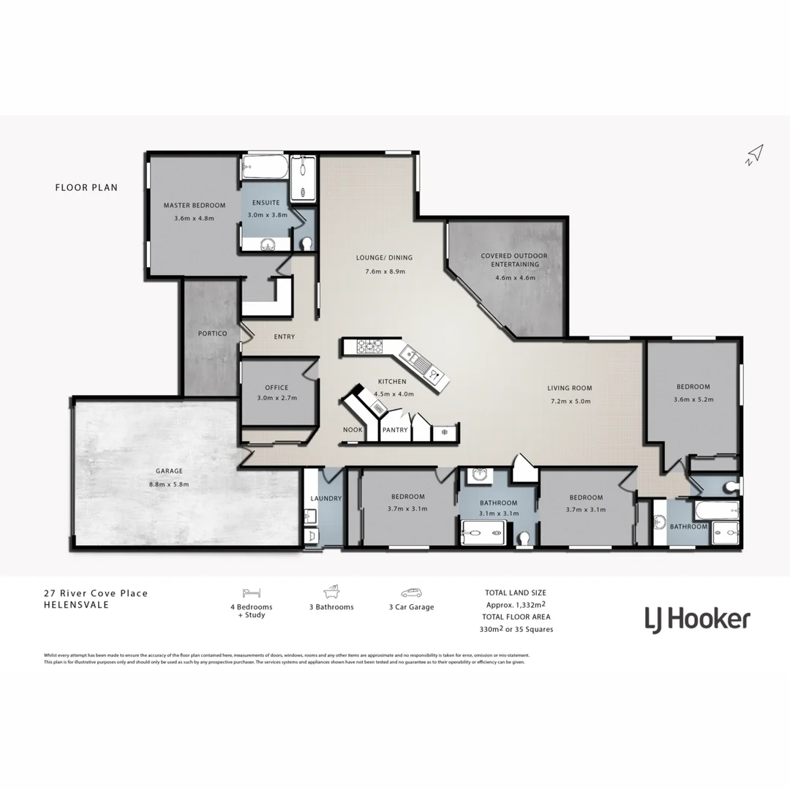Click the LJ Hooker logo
(697, 620)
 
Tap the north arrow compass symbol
(755, 154)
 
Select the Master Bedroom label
(194, 206)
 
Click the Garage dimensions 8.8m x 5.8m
(169, 484)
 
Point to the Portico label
(212, 334)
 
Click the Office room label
(277, 388)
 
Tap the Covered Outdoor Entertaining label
(514, 260)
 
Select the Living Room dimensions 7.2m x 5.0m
(570, 401)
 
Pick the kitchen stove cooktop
(370, 346)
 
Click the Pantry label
(394, 430)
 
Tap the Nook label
(353, 430)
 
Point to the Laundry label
(326, 499)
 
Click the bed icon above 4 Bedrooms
(252, 592)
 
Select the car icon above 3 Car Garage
(410, 592)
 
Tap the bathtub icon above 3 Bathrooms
(331, 592)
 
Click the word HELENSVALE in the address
(76, 605)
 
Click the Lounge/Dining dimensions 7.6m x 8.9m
(385, 271)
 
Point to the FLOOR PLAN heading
(86, 187)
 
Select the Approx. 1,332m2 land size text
(516, 605)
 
